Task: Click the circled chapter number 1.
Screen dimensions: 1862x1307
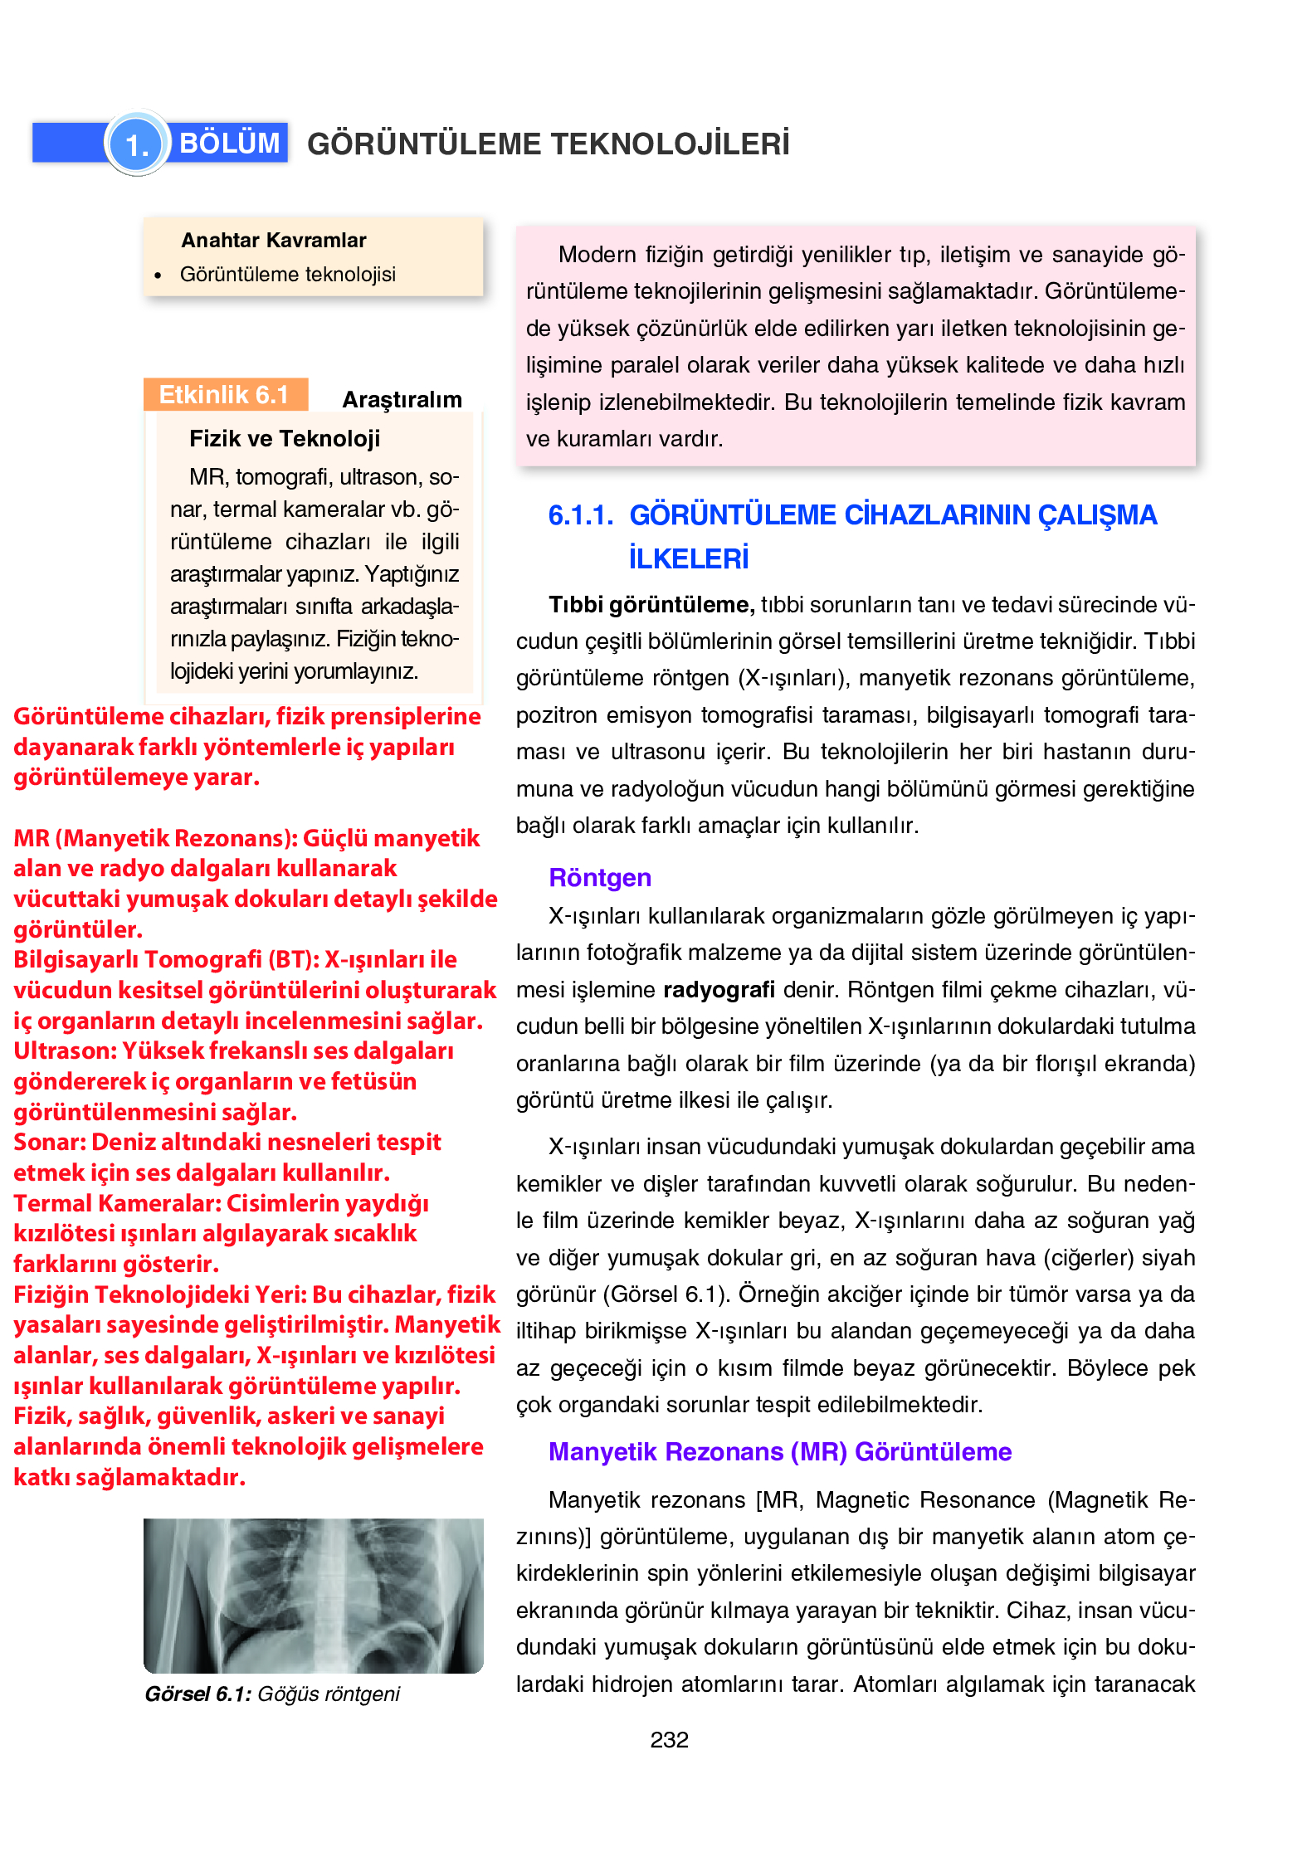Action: click(137, 144)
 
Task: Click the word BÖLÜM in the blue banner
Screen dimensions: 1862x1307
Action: click(229, 143)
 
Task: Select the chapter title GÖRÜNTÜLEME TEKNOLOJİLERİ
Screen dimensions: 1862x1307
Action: click(548, 144)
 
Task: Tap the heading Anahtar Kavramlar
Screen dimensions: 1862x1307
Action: click(273, 241)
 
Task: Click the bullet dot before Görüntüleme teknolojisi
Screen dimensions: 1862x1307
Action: click(158, 275)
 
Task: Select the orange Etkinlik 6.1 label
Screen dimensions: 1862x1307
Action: click(224, 395)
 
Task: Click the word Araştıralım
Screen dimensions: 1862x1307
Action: click(402, 400)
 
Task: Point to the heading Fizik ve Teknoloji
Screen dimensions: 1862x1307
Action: click(285, 439)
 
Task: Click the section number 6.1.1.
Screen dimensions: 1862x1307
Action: click(580, 516)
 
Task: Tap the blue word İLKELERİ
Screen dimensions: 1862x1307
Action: click(688, 559)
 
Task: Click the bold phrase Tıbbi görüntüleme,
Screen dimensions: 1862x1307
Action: click(651, 605)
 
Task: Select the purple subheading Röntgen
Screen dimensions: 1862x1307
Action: click(600, 878)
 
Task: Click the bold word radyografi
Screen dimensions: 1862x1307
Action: click(719, 990)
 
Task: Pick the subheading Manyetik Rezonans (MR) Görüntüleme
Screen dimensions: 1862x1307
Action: click(780, 1452)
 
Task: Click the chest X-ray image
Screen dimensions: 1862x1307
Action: click(313, 1595)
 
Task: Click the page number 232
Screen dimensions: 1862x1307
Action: click(669, 1740)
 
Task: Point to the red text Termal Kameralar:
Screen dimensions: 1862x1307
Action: click(117, 1203)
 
